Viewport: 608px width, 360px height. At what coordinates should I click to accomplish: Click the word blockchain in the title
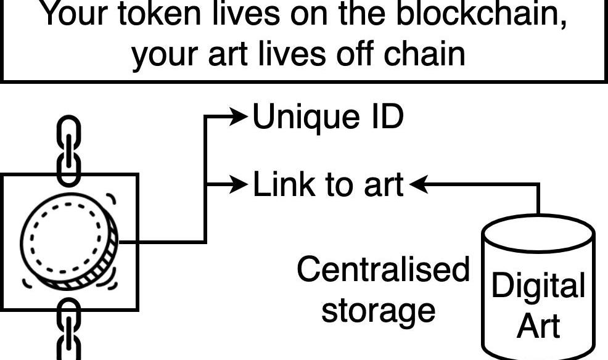click(481, 14)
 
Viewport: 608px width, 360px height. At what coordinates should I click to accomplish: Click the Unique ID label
click(328, 117)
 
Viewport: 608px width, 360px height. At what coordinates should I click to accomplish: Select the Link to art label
click(328, 184)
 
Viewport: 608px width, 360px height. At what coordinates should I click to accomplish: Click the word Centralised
click(383, 269)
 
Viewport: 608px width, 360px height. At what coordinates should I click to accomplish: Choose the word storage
click(378, 310)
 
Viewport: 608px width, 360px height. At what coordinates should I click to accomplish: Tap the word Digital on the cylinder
click(538, 287)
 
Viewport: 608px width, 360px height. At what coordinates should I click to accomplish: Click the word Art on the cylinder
click(538, 325)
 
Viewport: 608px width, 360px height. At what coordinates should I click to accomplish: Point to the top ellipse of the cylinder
click(538, 233)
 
